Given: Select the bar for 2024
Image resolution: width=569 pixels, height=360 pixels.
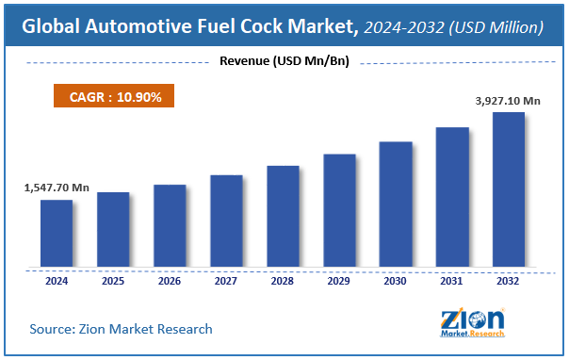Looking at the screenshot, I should [x=57, y=234].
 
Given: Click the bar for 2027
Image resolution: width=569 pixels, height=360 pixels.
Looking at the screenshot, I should [x=226, y=221].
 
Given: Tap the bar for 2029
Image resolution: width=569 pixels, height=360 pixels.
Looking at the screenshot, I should [x=339, y=211].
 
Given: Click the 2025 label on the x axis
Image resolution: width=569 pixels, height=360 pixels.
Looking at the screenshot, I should [x=113, y=280].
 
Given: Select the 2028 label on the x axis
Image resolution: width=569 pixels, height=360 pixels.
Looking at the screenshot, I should [x=283, y=280].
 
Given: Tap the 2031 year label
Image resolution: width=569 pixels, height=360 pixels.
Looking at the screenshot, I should [x=452, y=280].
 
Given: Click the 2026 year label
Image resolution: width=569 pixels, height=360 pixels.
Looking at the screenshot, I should [x=170, y=280].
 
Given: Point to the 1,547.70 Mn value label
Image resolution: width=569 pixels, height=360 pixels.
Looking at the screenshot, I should [x=57, y=188].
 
